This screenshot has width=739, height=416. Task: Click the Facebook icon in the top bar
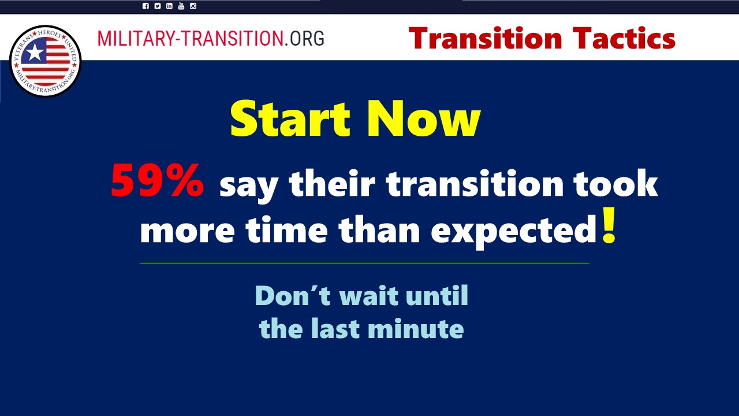(145, 6)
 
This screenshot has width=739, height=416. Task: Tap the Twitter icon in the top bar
(158, 6)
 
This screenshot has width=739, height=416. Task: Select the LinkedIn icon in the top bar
(169, 6)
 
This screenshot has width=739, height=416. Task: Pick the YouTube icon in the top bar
(181, 6)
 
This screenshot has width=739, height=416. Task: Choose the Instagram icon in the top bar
(193, 6)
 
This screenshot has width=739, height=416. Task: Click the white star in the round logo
(34, 52)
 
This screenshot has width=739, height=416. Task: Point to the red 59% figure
(158, 181)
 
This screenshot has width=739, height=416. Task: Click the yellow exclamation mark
(609, 225)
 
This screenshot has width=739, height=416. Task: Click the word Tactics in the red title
(624, 38)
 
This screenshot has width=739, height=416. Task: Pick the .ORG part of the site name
(304, 38)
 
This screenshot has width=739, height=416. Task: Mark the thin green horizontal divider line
(364, 263)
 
